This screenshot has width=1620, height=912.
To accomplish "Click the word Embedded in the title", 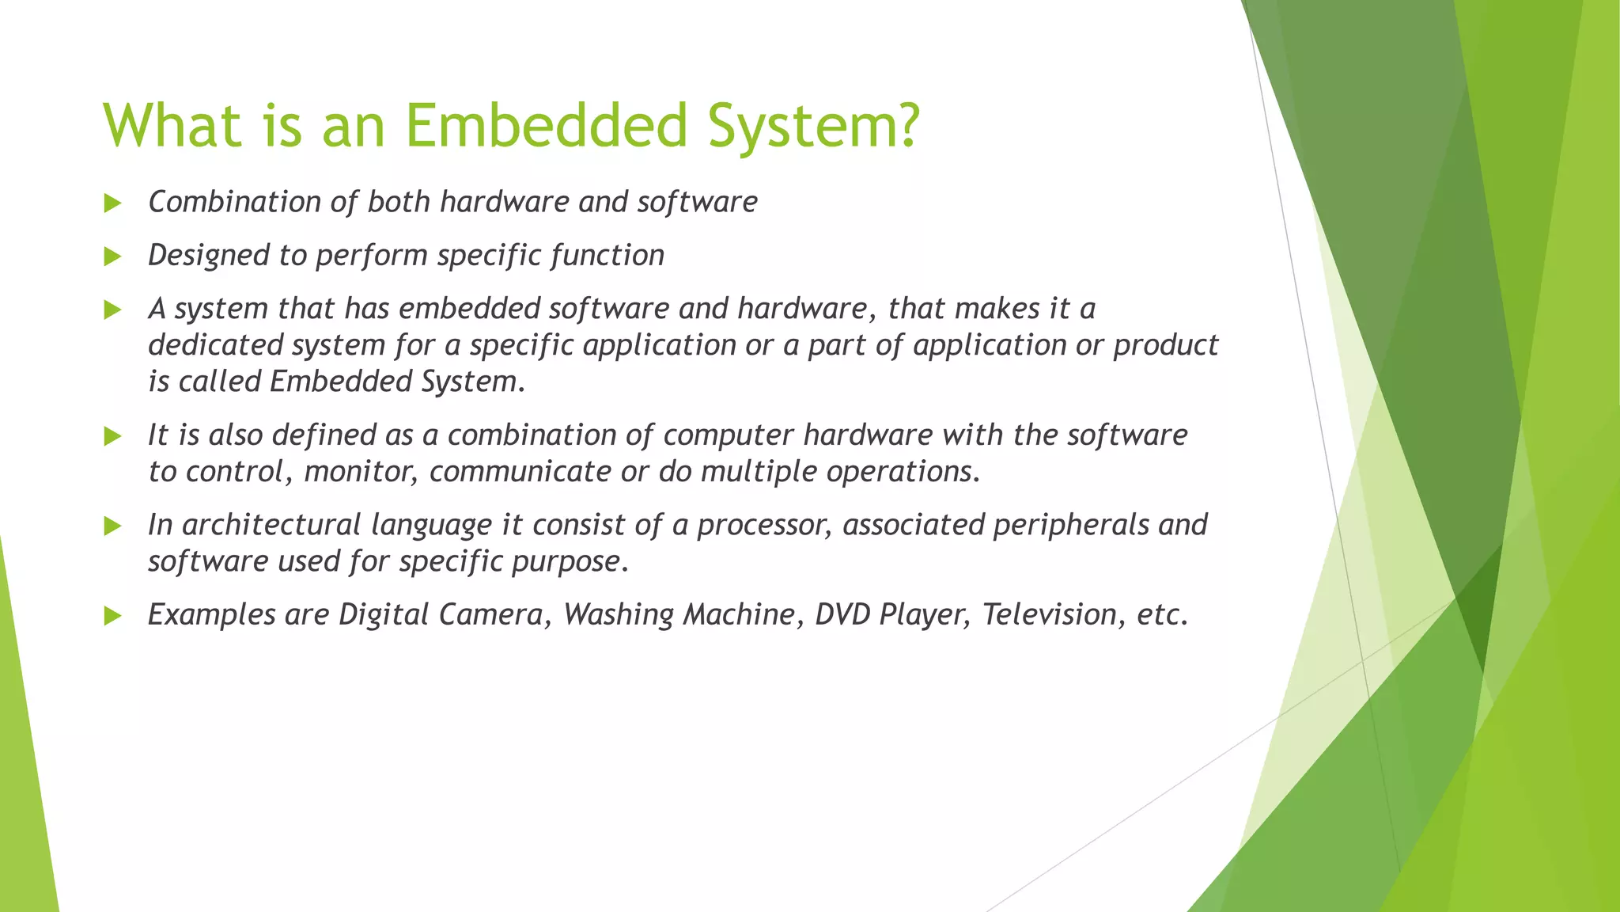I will (x=546, y=125).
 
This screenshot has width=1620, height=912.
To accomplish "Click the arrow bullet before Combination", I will (x=112, y=203).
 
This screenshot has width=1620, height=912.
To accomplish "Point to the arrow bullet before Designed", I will (x=112, y=256).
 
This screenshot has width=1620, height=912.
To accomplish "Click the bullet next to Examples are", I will (x=112, y=616).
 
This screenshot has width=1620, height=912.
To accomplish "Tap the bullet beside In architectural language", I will (x=112, y=526).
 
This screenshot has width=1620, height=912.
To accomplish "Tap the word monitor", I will (x=360, y=472).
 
